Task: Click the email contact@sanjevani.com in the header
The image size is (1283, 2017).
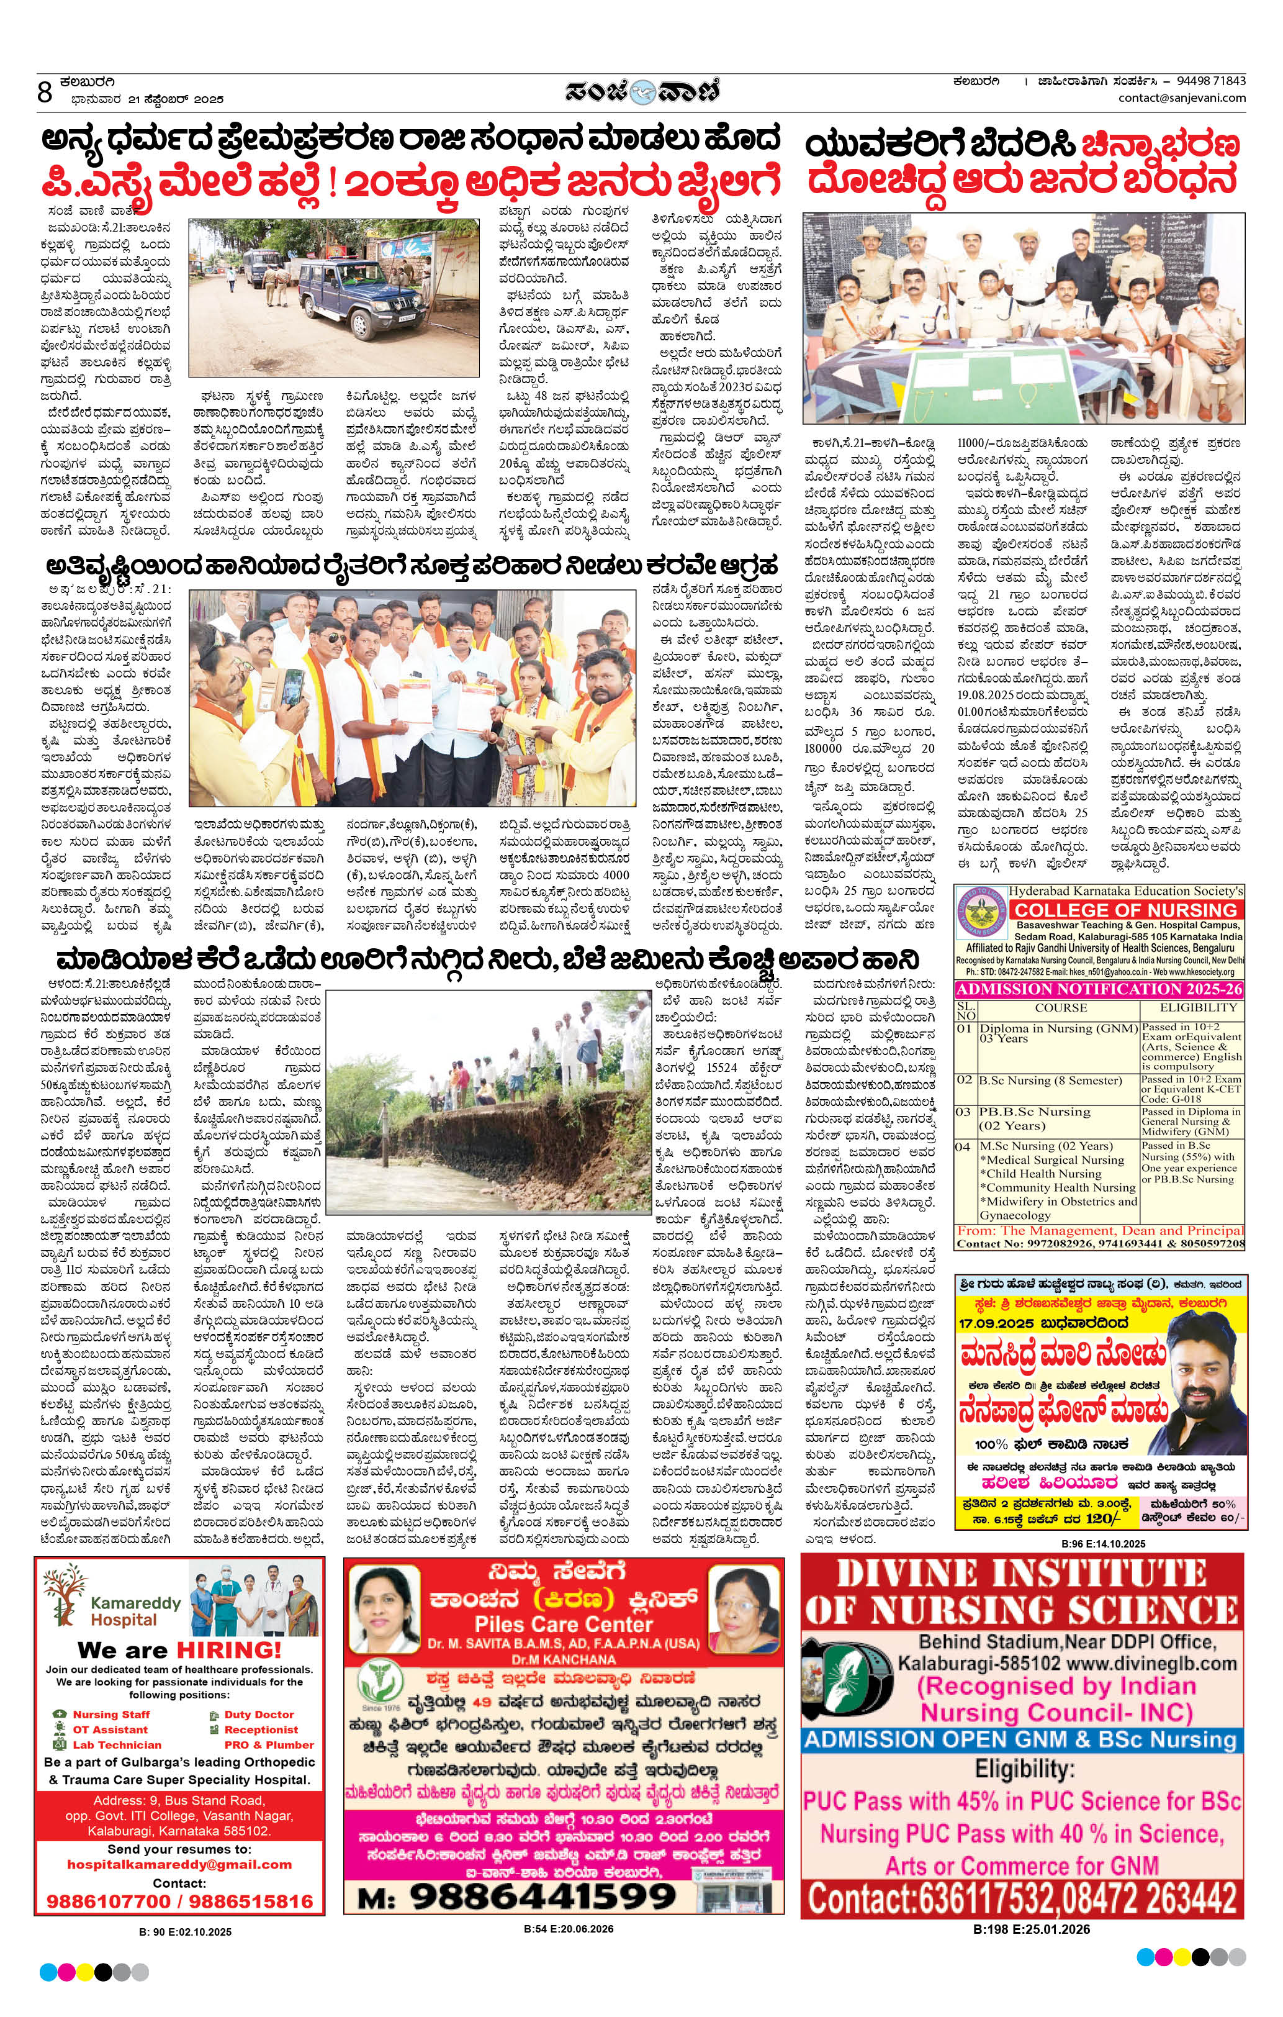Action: click(x=1182, y=98)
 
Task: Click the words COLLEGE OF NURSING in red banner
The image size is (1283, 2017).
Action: click(x=1125, y=910)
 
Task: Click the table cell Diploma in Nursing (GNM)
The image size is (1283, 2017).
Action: click(x=1058, y=1028)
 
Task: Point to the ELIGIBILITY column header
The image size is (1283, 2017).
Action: click(x=1197, y=1008)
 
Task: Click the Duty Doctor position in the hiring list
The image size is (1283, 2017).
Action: click(x=259, y=1715)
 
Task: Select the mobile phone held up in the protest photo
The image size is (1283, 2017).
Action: click(x=292, y=687)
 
